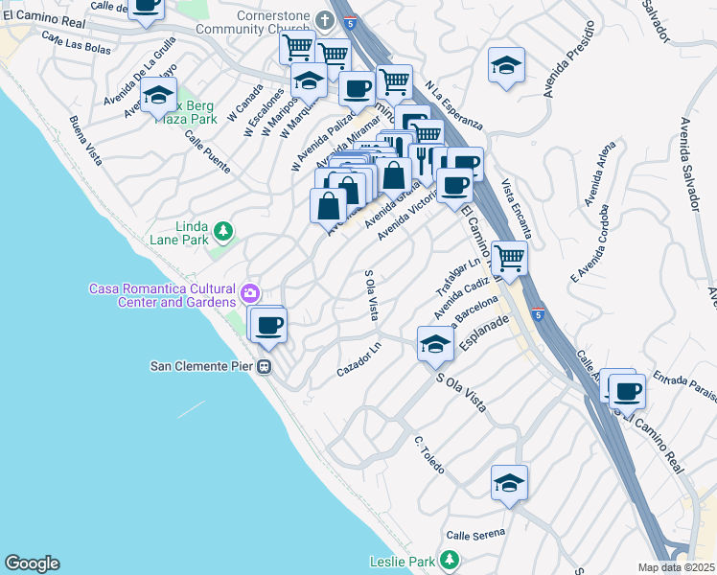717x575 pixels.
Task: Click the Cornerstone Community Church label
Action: coord(274,22)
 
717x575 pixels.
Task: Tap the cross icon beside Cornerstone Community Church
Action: coord(326,20)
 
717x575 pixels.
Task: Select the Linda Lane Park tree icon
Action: coord(222,231)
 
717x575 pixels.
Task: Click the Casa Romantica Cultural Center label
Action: coord(162,295)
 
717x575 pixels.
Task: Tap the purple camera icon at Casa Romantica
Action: coord(249,293)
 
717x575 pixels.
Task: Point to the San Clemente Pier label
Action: coord(203,365)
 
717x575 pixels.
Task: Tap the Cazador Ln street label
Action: coord(358,364)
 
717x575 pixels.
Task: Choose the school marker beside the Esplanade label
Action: coord(435,344)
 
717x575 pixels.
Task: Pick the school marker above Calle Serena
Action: coord(509,482)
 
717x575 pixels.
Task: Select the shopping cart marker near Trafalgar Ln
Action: coord(509,257)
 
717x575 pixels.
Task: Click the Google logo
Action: coord(32,563)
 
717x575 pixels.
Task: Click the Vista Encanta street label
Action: coord(517,210)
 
